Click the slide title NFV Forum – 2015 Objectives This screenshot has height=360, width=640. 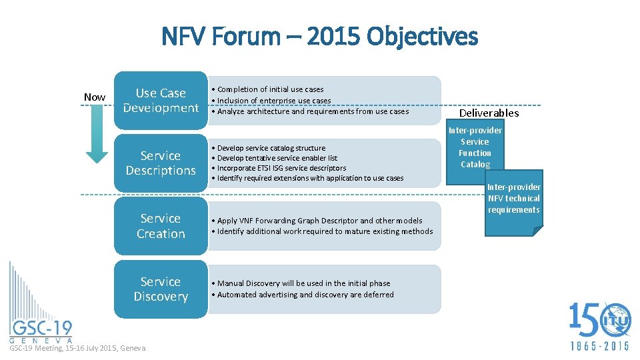pyautogui.click(x=319, y=36)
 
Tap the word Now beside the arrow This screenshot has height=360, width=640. pyautogui.click(x=95, y=97)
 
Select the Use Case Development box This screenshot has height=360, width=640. pyautogui.click(x=161, y=100)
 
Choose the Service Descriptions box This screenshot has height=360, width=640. pyautogui.click(x=161, y=163)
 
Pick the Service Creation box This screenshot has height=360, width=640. pyautogui.click(x=161, y=226)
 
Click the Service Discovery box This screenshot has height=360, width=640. pyautogui.click(x=161, y=289)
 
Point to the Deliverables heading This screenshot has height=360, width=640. pyautogui.click(x=489, y=113)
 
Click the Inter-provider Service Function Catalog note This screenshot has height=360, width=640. pyautogui.click(x=475, y=147)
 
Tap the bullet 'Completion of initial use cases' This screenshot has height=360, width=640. pyautogui.click(x=270, y=89)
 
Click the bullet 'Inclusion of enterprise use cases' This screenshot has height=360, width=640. pyautogui.click(x=273, y=101)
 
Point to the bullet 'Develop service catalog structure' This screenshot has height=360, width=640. pyautogui.click(x=271, y=148)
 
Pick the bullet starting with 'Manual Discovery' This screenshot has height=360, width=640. pyautogui.click(x=303, y=283)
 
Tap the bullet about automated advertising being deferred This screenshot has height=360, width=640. pyautogui.click(x=305, y=295)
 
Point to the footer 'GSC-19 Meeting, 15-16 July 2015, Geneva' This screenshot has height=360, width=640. pyautogui.click(x=77, y=348)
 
